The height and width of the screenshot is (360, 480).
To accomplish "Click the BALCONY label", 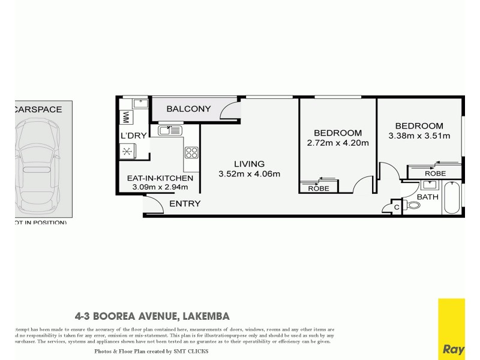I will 188,109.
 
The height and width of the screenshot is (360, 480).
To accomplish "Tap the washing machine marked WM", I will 127,116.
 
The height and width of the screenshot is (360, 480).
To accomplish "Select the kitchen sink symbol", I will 170,130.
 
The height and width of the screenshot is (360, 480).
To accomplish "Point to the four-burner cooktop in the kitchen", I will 192,152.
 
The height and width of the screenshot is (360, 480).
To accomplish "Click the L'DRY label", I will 133,136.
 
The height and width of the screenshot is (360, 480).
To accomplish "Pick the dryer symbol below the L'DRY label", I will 128,152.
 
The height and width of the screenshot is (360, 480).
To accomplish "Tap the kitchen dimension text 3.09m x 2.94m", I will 160,187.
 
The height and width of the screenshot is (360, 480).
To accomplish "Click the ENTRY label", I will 185,204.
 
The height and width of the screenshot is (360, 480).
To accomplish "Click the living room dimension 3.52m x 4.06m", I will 249,174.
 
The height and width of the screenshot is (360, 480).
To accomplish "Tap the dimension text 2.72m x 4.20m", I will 338,143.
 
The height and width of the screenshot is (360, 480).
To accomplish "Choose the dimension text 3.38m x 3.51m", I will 419,136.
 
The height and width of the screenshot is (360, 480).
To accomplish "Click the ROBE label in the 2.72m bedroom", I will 318,188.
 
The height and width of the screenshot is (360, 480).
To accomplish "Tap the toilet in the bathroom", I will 413,205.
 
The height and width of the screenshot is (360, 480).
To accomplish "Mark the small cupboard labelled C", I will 395,207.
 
